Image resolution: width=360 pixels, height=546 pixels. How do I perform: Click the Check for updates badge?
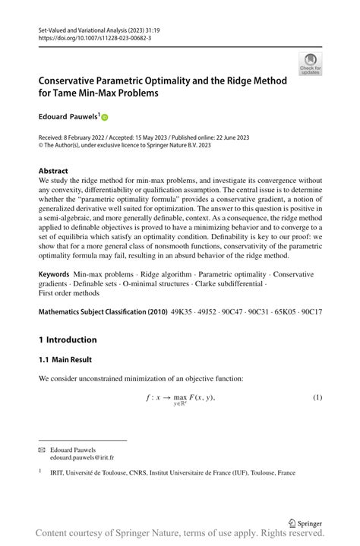(311, 64)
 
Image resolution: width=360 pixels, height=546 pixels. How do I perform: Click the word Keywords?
(55, 273)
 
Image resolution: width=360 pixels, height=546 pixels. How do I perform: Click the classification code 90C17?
(311, 312)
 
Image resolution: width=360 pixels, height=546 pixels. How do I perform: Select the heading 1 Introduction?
(68, 339)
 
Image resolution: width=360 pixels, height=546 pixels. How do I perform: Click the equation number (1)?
(317, 398)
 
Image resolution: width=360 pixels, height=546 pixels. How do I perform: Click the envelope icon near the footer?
(42, 450)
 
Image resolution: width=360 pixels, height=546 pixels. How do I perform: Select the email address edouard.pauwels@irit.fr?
(81, 459)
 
